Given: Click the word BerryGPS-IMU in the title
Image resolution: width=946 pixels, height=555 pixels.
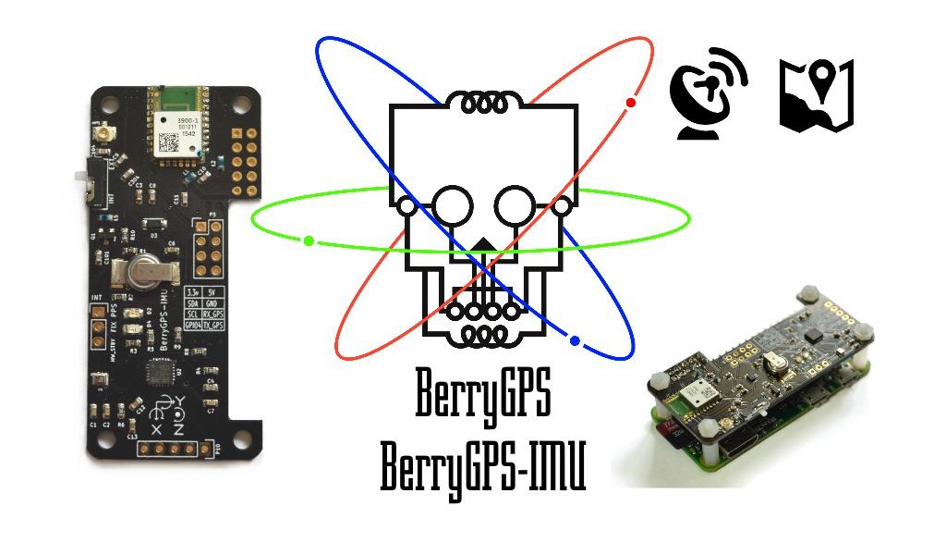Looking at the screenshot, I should [x=483, y=468].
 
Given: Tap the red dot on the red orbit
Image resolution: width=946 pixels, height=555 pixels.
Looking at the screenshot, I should [x=631, y=102].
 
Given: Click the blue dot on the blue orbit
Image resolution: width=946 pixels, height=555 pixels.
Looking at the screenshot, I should [x=575, y=341].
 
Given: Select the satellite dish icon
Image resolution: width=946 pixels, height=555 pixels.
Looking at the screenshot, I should [x=708, y=95].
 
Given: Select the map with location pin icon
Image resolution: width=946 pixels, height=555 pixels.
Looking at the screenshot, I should [x=817, y=95].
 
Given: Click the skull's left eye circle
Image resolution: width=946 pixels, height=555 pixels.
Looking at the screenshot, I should [x=454, y=205].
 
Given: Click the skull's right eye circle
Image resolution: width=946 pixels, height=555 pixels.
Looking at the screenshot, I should [x=514, y=205].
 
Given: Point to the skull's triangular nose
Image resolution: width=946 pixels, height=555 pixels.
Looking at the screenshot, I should [x=482, y=249].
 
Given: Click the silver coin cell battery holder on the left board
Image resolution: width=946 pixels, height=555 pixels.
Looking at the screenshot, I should [x=141, y=271].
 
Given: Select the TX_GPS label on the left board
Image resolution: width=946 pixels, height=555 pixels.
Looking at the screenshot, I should [x=213, y=326].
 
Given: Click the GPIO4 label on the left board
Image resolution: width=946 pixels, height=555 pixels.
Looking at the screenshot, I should [x=192, y=326].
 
